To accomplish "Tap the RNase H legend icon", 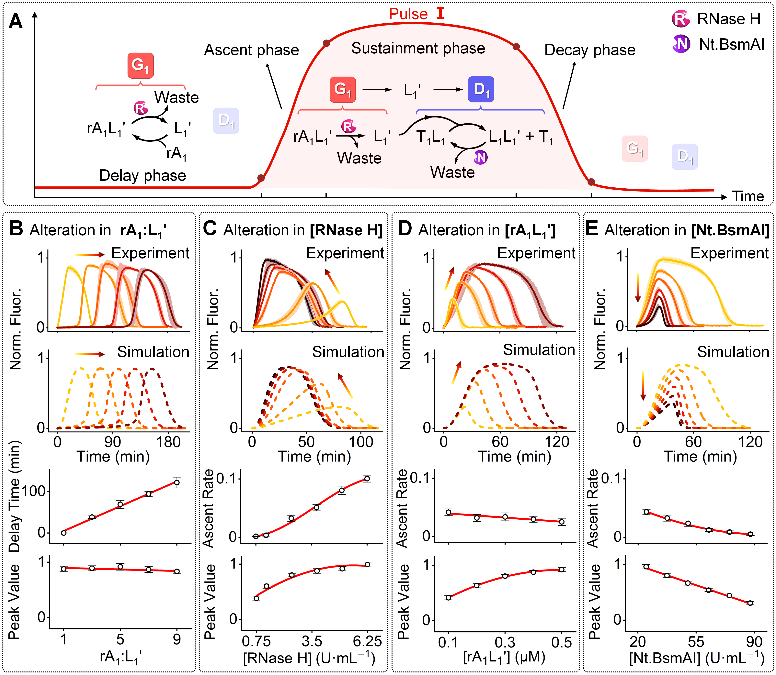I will coord(680,19).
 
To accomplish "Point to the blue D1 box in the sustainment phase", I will coord(481,89).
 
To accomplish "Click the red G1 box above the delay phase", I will coord(140,66).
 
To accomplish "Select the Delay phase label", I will coord(143,176).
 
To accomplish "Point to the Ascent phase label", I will coord(251,50).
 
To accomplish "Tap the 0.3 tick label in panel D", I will coord(505,642).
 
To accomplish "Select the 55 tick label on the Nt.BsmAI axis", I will coord(696,642).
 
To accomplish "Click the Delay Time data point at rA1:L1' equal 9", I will coord(176,482).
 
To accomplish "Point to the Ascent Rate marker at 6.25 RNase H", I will coord(367,479).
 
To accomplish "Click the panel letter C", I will coord(210,229).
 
